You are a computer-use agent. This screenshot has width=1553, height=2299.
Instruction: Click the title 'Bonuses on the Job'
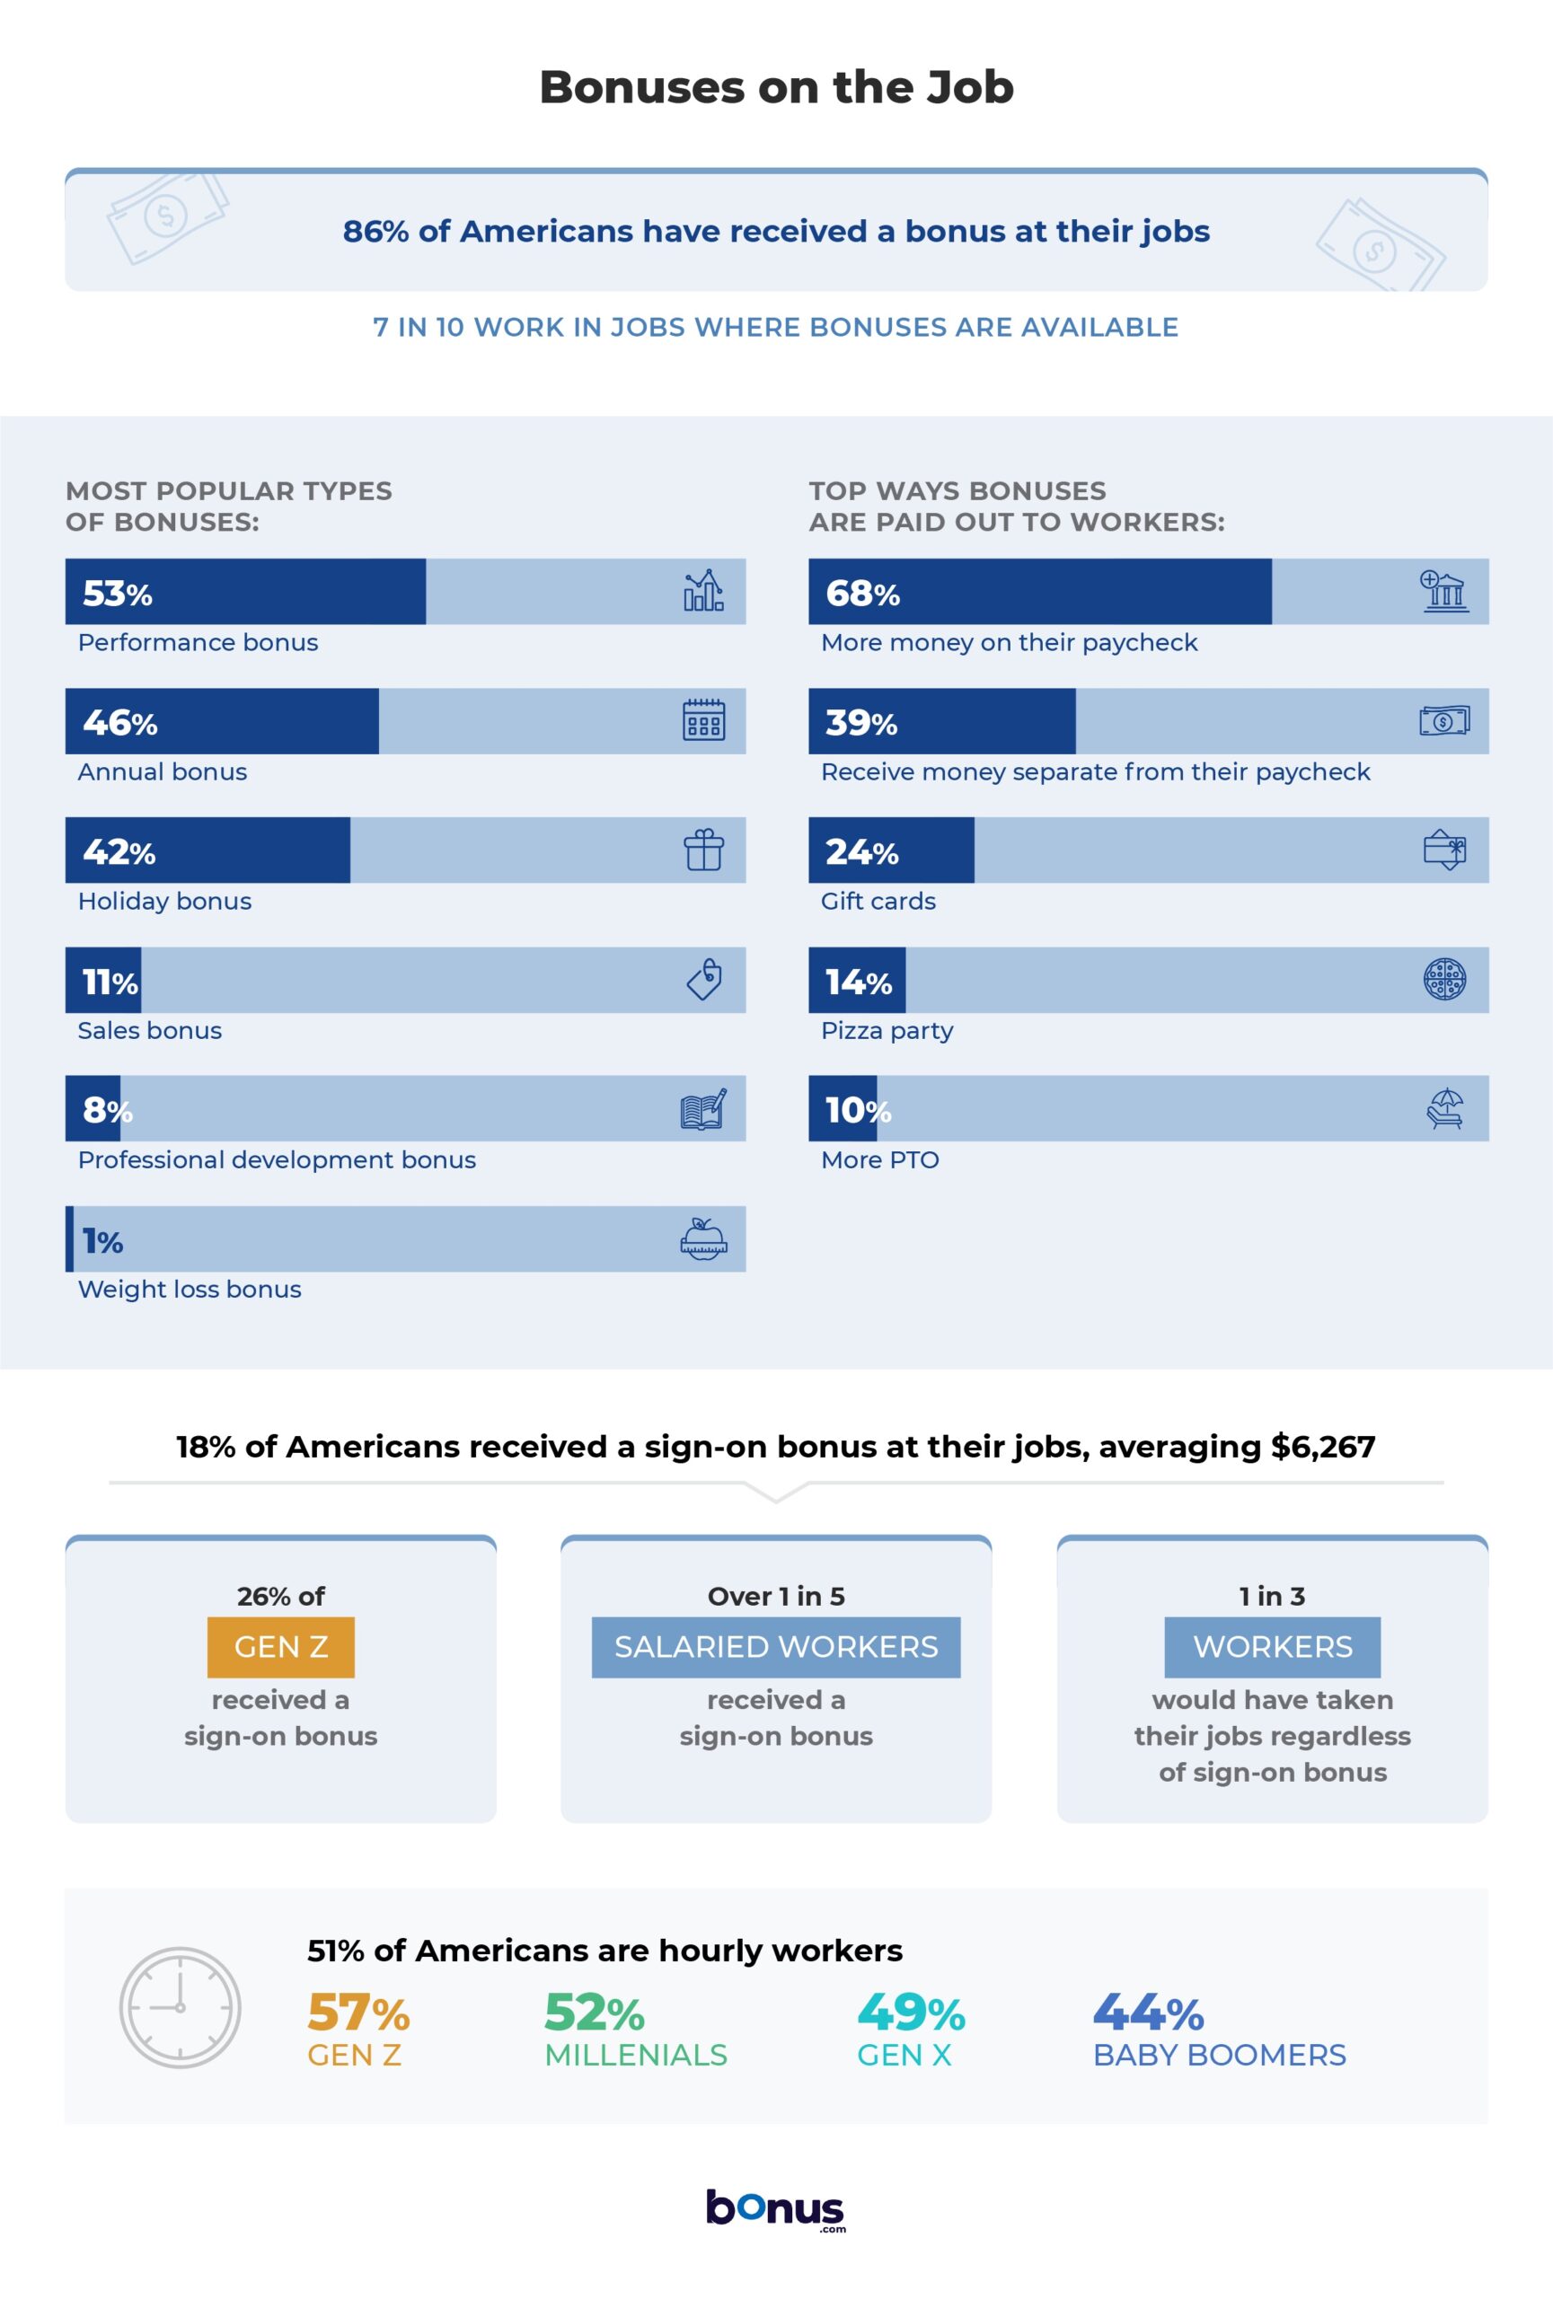click(776, 87)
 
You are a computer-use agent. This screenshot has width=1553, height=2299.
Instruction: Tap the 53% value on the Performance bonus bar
click(117, 594)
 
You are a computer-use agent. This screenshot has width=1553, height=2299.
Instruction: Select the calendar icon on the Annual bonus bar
click(703, 720)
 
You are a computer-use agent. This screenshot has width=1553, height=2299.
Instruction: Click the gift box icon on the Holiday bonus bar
click(703, 850)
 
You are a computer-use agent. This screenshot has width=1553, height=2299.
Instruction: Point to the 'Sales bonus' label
click(149, 1031)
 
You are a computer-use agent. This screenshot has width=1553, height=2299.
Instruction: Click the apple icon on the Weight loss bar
click(703, 1238)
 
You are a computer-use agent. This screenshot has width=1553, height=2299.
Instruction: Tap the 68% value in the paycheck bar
click(862, 594)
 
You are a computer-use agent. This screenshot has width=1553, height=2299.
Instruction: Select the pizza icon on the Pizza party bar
click(1444, 980)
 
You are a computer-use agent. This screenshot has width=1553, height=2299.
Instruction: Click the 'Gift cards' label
click(878, 902)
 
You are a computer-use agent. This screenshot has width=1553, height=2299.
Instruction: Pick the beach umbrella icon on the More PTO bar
click(1444, 1109)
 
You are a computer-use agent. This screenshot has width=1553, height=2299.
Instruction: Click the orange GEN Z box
click(281, 1647)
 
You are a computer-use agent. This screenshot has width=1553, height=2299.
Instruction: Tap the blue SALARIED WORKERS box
click(775, 1647)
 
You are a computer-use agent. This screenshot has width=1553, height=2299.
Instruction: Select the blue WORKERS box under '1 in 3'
click(1272, 1647)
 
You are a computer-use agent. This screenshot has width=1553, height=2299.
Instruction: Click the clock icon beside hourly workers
click(180, 2007)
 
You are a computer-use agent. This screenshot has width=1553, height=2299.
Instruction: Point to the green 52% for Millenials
click(595, 2013)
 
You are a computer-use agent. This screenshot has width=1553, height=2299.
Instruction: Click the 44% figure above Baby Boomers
click(1147, 2013)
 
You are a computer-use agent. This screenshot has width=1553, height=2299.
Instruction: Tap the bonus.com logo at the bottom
click(775, 2209)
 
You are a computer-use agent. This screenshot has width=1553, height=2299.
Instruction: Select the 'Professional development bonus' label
click(277, 1160)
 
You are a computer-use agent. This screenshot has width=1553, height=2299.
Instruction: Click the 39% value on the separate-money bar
click(860, 723)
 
